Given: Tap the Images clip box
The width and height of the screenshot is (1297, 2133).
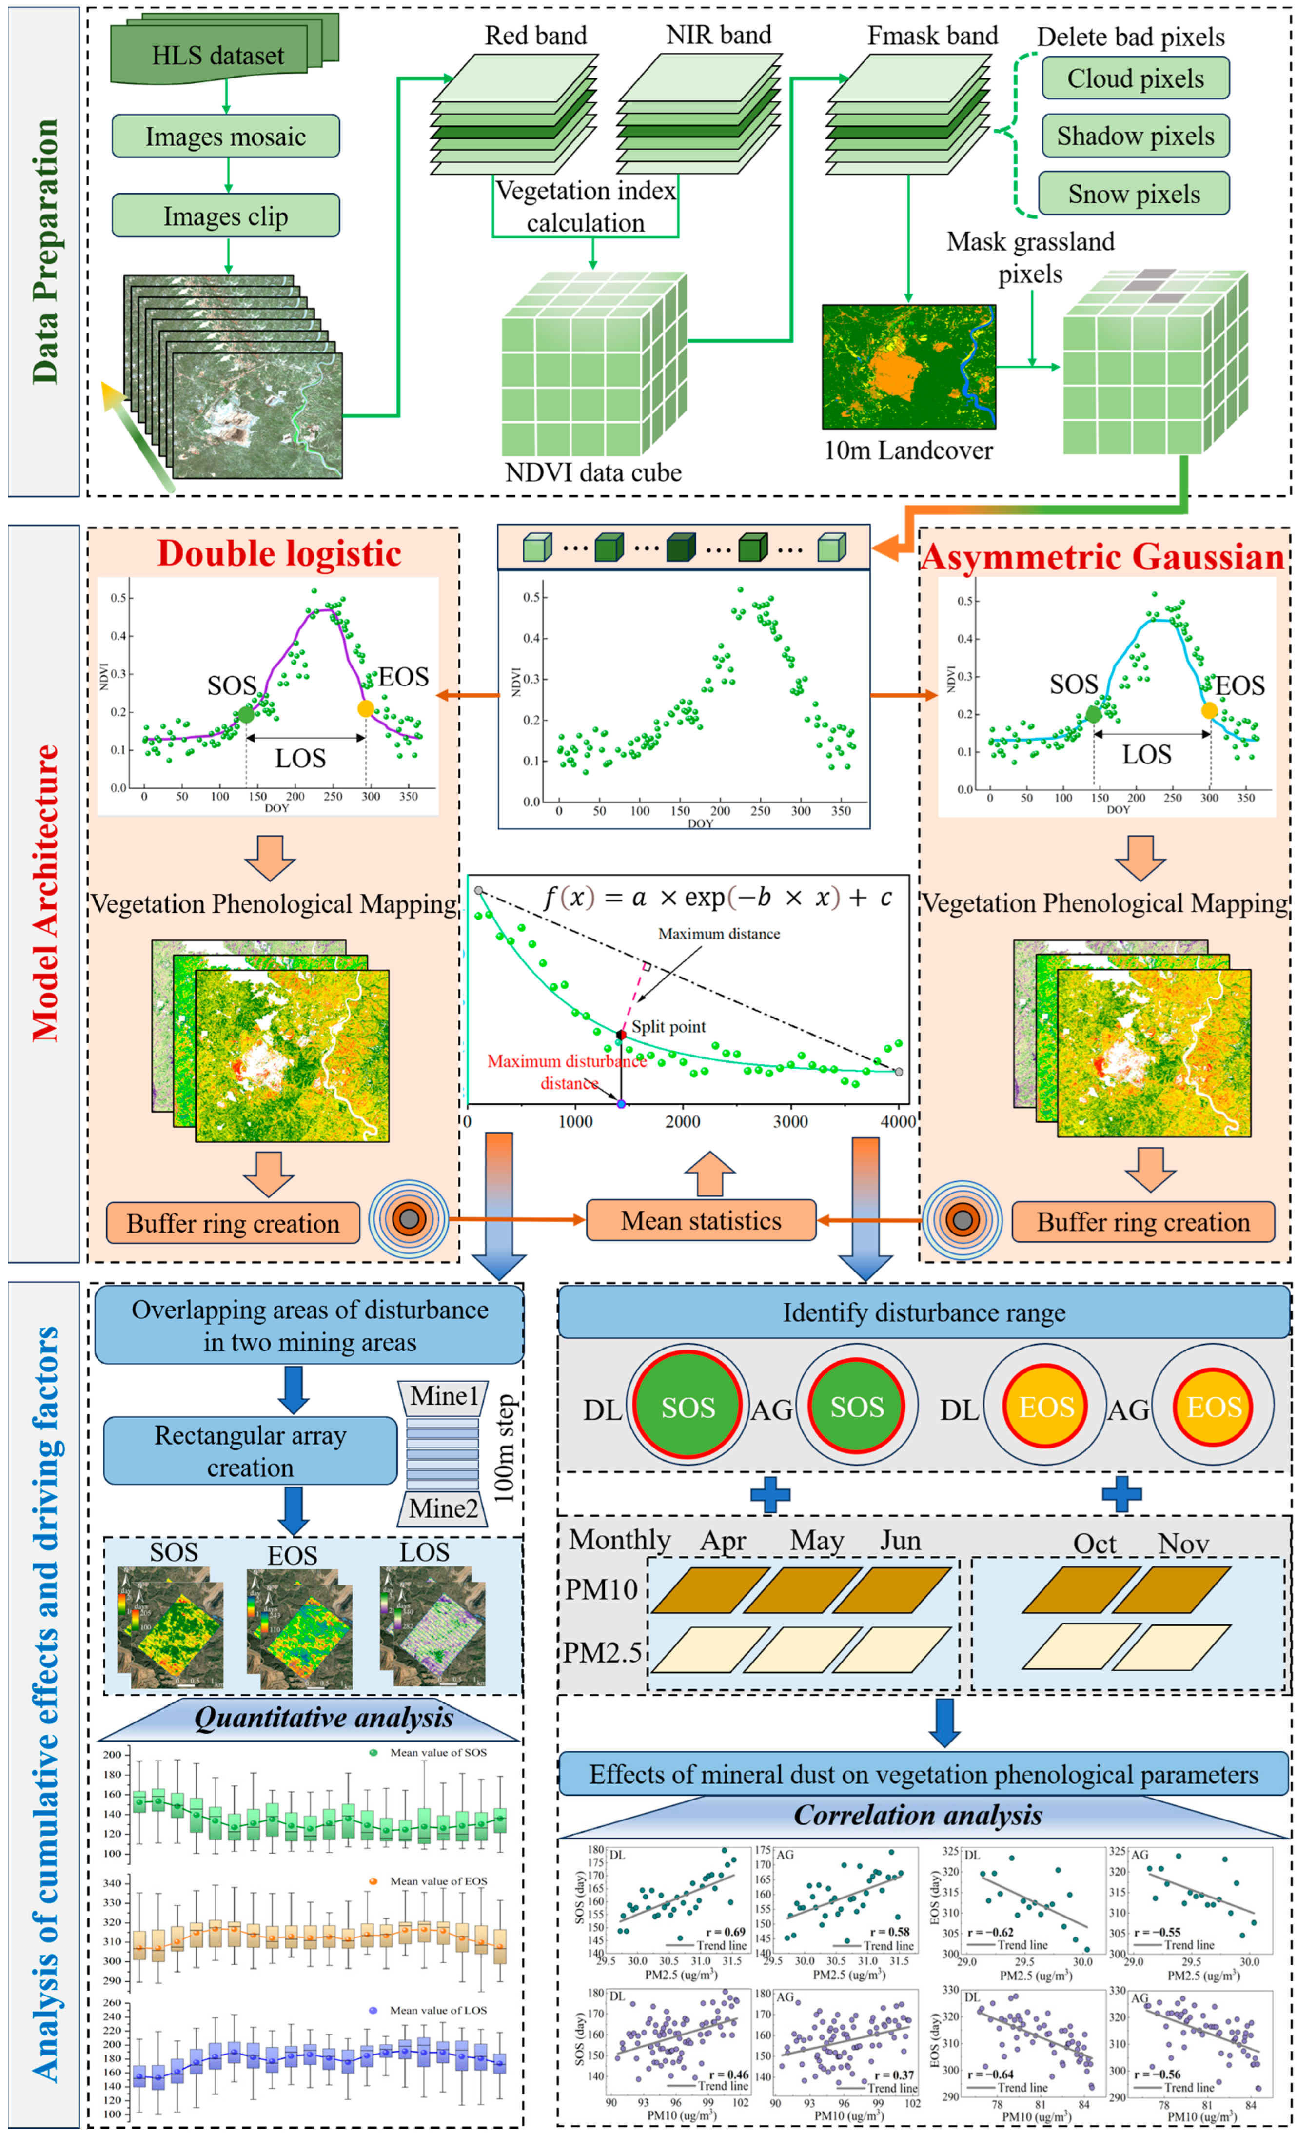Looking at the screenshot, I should tap(225, 215).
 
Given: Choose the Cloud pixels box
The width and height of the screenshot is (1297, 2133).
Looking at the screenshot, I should tap(1135, 79).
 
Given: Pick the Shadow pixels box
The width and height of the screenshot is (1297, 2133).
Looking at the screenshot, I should tap(1135, 136).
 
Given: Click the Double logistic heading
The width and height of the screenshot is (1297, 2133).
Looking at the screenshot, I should tap(279, 554).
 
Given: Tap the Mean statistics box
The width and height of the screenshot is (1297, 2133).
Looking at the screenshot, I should tap(701, 1221).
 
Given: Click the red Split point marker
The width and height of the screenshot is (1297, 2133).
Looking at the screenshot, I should tap(621, 1035).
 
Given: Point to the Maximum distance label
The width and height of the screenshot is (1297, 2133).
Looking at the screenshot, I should tap(719, 933).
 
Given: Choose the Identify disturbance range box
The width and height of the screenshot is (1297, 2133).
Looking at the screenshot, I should tap(924, 1312).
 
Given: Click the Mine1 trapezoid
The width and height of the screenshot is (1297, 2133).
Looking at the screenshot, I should tap(443, 1396).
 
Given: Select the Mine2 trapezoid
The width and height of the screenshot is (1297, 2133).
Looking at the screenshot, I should tap(443, 1509).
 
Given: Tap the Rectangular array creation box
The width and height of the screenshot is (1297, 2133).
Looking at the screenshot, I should tap(250, 1451).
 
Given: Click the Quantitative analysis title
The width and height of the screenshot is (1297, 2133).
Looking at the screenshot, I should tap(323, 1718).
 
